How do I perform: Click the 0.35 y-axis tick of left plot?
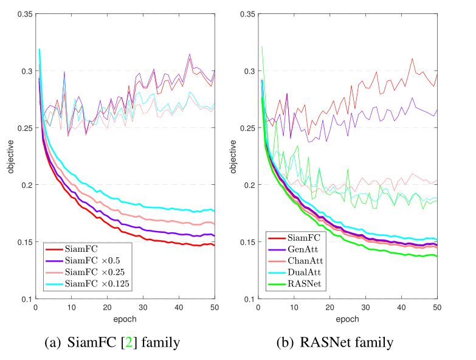tap(24, 13)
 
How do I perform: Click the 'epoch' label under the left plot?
tap(125, 318)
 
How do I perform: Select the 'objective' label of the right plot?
tap(233, 156)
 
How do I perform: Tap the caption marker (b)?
tap(285, 343)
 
